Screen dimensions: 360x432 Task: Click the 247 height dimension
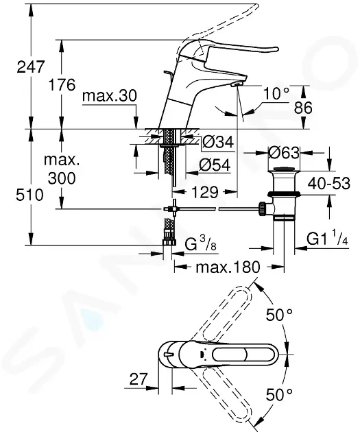point(30,67)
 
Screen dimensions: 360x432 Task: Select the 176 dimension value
point(62,84)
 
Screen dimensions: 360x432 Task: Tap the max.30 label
point(109,96)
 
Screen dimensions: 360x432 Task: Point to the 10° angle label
point(276,93)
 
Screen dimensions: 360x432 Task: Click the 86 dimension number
point(303,108)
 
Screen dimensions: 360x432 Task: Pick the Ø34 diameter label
point(218,142)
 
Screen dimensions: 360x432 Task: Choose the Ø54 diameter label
point(215,165)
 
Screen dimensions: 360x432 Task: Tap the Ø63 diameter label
point(284,152)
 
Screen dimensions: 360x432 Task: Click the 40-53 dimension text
point(328,183)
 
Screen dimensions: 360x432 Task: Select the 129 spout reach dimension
point(204,192)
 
